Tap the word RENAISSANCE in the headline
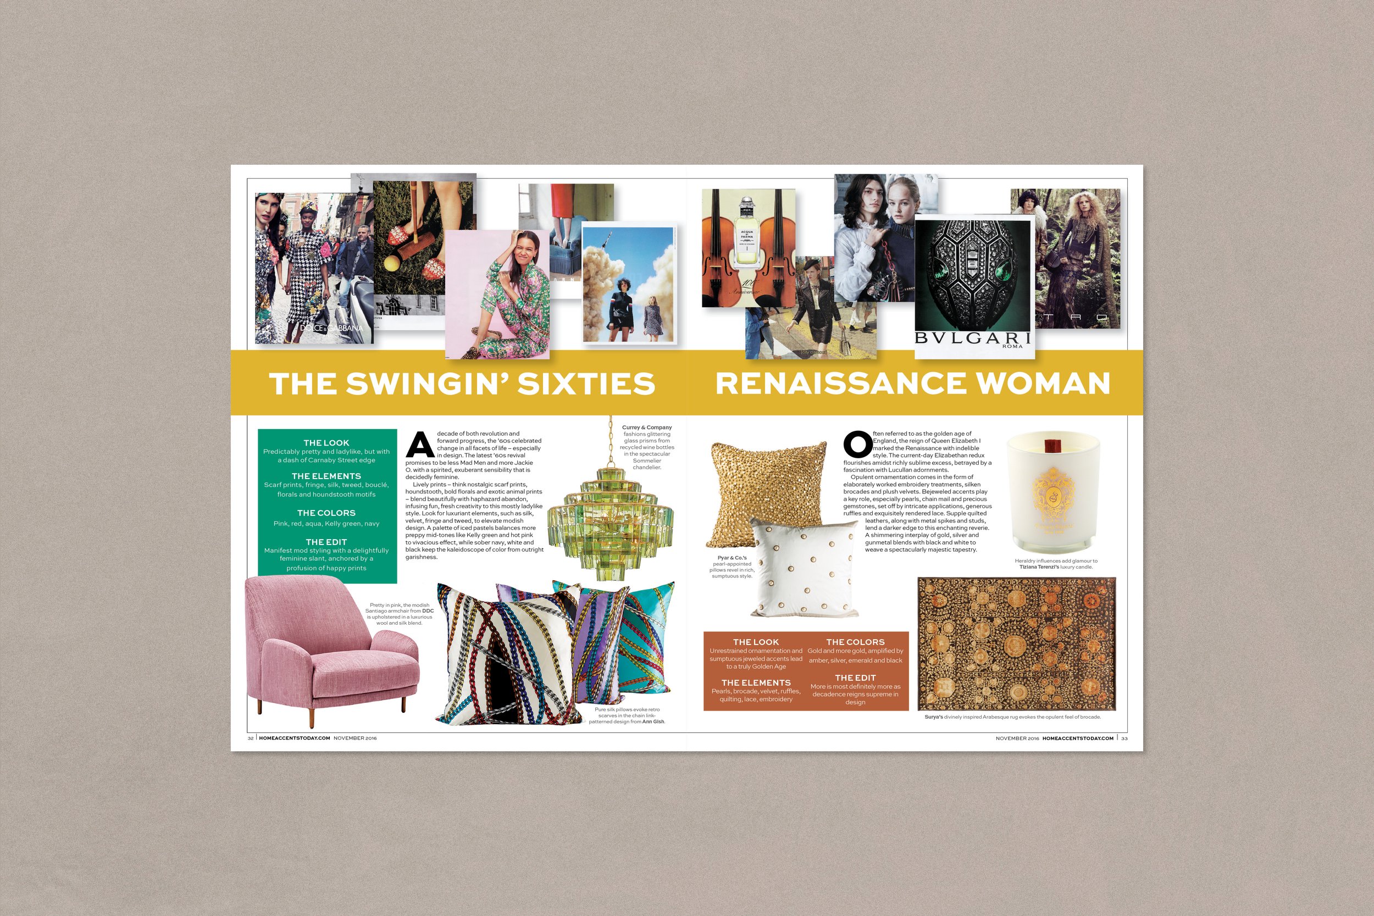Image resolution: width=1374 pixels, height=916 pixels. click(x=840, y=383)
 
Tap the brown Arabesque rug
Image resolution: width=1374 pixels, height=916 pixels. click(x=1016, y=643)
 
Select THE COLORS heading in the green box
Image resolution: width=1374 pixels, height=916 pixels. click(x=326, y=513)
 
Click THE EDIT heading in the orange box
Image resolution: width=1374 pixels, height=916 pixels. click(x=855, y=678)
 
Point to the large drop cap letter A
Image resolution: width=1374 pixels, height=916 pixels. click(x=420, y=445)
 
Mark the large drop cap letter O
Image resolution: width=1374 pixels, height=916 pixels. click(x=857, y=444)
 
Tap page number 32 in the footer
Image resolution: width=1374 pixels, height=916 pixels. click(x=251, y=739)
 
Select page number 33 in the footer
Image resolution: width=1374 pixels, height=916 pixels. click(x=1124, y=739)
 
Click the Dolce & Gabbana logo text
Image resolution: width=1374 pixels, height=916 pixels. click(x=331, y=328)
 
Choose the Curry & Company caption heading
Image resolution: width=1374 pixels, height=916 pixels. click(x=647, y=428)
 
